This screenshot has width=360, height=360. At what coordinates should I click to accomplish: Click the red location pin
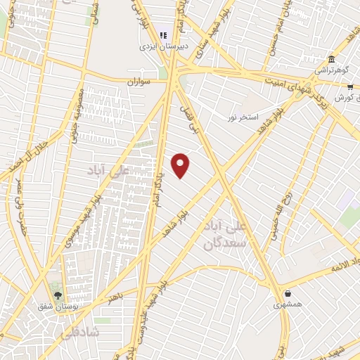[181, 165]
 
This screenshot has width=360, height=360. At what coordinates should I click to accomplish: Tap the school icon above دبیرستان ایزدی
[162, 34]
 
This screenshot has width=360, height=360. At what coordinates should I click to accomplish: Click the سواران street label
[139, 82]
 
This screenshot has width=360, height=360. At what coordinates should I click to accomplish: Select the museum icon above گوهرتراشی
[331, 59]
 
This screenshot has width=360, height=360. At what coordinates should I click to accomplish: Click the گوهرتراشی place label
[328, 70]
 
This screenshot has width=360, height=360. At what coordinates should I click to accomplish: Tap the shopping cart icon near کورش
[350, 87]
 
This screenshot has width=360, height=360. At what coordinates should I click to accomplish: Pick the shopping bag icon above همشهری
[288, 293]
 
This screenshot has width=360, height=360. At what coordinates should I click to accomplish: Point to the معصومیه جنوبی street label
[78, 114]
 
